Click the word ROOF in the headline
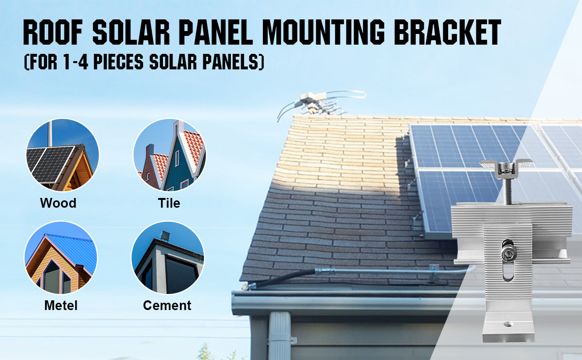click(x=53, y=32)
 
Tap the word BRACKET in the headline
click(x=447, y=32)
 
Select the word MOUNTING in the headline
click(x=323, y=32)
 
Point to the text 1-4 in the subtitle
click(x=76, y=62)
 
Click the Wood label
click(x=58, y=203)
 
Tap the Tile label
click(x=169, y=203)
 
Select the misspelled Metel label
click(x=61, y=305)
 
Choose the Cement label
click(x=167, y=305)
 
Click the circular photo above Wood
click(x=63, y=155)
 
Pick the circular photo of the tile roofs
click(x=169, y=155)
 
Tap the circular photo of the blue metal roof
click(x=61, y=257)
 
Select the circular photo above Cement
click(x=168, y=257)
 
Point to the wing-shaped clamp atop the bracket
click(x=505, y=166)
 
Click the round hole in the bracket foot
click(x=508, y=324)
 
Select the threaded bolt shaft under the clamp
click(x=507, y=191)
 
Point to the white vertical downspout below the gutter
click(x=280, y=336)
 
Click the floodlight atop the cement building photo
click(x=165, y=235)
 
